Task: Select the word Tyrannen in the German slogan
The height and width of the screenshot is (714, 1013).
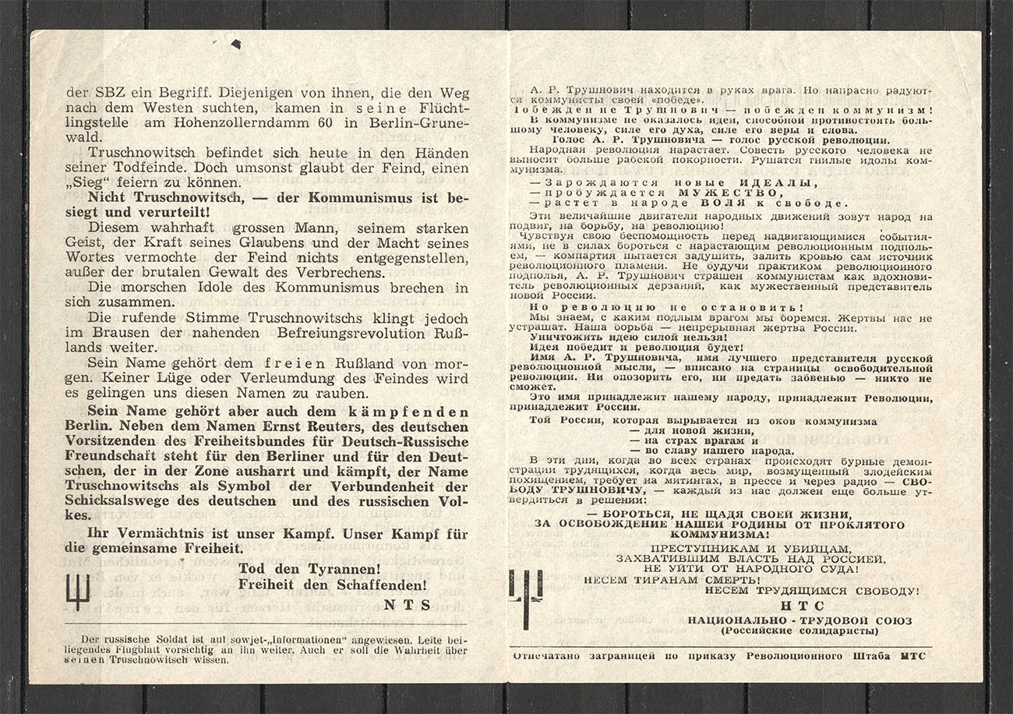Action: (x=330, y=568)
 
